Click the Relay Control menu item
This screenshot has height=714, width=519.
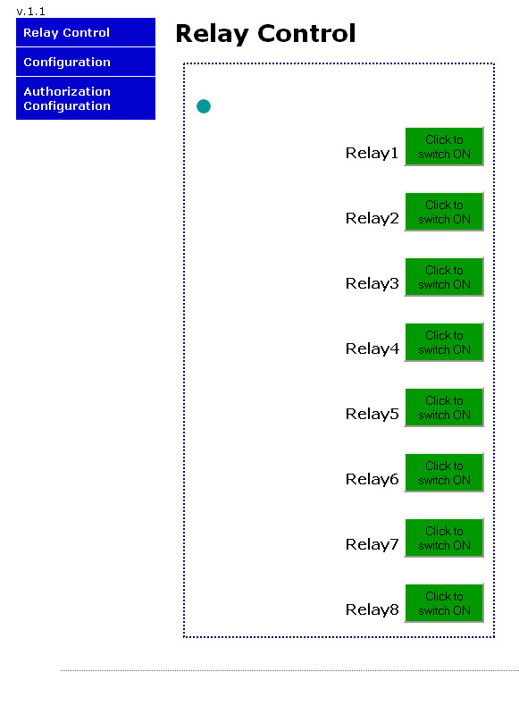tap(86, 32)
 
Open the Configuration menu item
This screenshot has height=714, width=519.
tap(86, 62)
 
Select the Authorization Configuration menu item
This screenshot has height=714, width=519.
tap(86, 98)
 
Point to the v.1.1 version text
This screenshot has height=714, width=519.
tap(30, 12)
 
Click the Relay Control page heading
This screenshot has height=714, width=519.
tap(265, 34)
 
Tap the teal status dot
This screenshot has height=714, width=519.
tap(204, 106)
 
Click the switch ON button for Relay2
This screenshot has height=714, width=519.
tap(444, 212)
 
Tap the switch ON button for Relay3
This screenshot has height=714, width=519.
tap(444, 277)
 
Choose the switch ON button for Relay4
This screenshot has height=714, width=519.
tap(444, 342)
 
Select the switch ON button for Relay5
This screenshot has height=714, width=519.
tap(444, 407)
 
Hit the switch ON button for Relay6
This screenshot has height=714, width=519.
tap(444, 472)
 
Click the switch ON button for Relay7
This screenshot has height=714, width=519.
tap(444, 538)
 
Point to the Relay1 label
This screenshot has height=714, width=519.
tap(372, 154)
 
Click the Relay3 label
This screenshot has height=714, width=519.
tap(372, 283)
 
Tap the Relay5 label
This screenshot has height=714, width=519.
tap(372, 414)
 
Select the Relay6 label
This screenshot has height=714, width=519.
tap(372, 479)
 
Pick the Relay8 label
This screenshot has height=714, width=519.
tap(372, 609)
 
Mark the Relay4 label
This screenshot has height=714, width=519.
tap(372, 349)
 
